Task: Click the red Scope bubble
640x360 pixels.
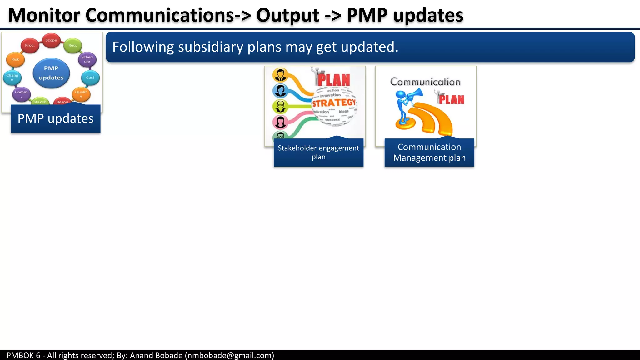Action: tap(51, 40)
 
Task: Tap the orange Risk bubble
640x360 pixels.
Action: tap(15, 59)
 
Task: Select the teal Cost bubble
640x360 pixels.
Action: tap(90, 77)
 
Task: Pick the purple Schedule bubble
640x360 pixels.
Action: tap(87, 59)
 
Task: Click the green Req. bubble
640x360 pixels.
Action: tap(72, 46)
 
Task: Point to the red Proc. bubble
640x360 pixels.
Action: tap(30, 46)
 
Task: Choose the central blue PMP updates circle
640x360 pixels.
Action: tap(51, 73)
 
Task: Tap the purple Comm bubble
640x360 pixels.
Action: tap(21, 93)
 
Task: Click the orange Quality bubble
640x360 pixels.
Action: tap(81, 93)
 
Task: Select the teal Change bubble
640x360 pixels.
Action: tap(12, 77)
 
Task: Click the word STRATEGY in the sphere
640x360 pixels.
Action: tap(334, 103)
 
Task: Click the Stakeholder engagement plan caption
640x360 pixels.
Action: tap(318, 152)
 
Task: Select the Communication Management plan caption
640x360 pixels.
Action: tap(429, 152)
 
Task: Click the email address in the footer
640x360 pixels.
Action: tap(229, 355)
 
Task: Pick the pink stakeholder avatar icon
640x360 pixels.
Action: tap(280, 122)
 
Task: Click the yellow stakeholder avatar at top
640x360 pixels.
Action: tap(280, 75)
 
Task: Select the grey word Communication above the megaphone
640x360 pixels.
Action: tap(425, 82)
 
